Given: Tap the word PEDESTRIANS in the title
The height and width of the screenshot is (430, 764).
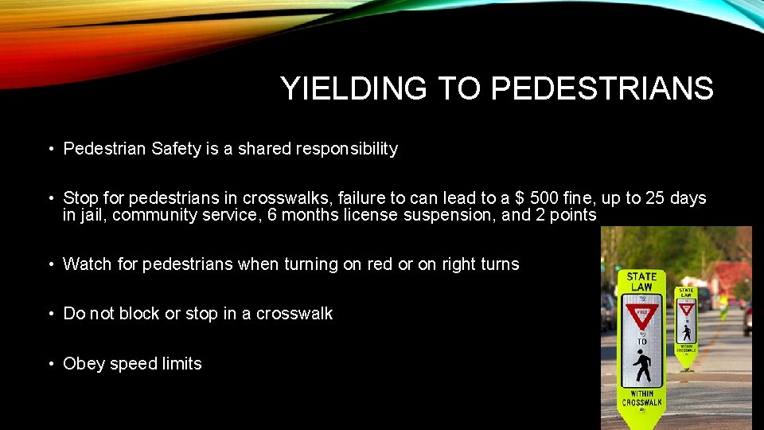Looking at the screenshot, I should (602, 89).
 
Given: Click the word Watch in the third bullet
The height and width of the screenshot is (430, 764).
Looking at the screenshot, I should (88, 264).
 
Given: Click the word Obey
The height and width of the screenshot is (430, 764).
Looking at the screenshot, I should (84, 364).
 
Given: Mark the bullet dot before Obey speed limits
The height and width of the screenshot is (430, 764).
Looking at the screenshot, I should (50, 364).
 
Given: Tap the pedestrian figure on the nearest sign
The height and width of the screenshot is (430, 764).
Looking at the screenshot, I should (641, 367).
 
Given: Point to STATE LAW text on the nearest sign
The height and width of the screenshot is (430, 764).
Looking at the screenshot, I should (641, 281).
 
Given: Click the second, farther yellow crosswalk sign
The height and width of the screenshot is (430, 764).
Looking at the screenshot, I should (686, 322).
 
